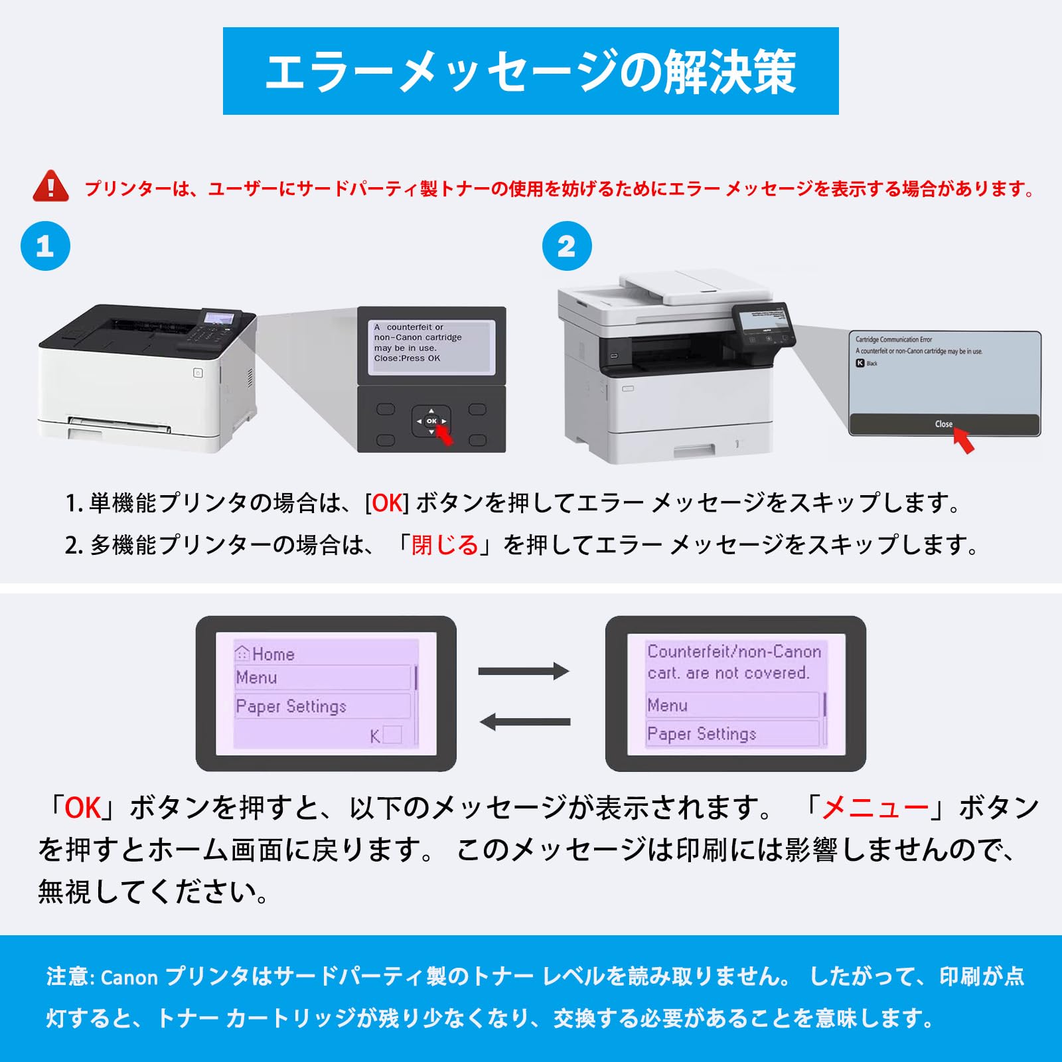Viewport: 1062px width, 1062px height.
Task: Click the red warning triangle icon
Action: pos(50,187)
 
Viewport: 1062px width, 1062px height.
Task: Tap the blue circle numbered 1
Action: pos(45,246)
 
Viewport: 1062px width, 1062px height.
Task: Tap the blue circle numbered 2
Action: pos(567,246)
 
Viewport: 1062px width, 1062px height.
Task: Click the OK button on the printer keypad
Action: pos(431,421)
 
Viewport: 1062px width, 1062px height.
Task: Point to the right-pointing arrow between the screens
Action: pos(523,671)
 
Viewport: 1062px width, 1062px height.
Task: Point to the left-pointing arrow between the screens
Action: pos(524,721)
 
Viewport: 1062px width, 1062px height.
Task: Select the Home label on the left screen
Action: pos(273,654)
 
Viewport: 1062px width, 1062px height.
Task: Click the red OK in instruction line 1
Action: pos(388,503)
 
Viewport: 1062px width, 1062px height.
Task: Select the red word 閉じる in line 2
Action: pos(445,545)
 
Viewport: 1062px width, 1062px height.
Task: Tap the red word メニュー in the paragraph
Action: pos(875,808)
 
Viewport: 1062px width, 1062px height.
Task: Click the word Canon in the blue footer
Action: pos(129,978)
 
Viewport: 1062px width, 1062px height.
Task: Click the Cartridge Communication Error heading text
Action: pos(893,340)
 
